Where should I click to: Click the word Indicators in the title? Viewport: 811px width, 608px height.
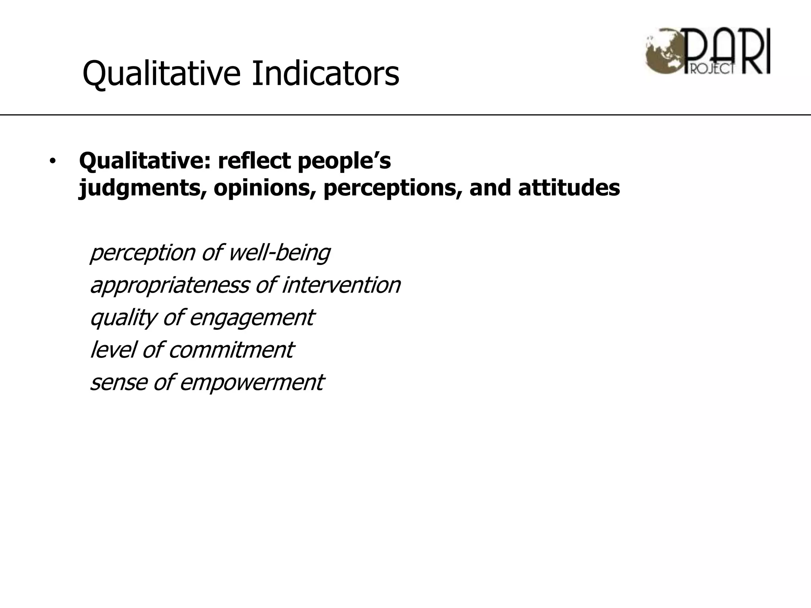(x=325, y=73)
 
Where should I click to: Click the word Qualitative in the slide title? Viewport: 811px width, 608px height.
(x=161, y=74)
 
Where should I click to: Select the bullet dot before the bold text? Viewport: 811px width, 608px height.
(x=52, y=161)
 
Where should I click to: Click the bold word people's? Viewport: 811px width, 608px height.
(x=344, y=161)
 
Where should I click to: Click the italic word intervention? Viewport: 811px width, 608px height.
(x=341, y=285)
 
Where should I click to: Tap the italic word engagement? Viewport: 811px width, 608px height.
(x=252, y=318)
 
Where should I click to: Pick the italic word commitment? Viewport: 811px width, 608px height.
(x=231, y=350)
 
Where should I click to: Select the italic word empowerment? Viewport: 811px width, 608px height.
(x=252, y=383)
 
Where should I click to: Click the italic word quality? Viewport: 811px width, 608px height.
(x=123, y=318)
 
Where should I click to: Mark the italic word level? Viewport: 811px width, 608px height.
(x=112, y=350)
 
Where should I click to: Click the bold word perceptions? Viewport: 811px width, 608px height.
(x=392, y=188)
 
